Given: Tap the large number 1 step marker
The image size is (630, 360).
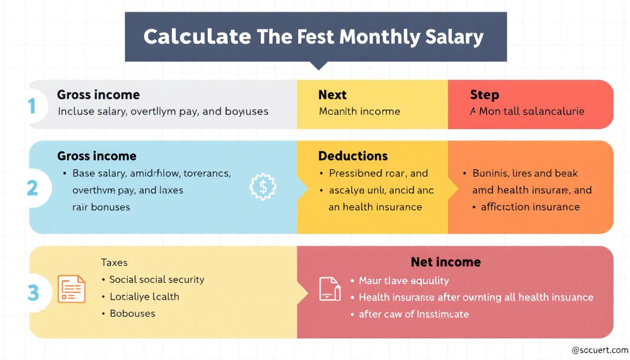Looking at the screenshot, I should (32, 105).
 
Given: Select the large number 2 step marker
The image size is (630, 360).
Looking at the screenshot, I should (32, 187).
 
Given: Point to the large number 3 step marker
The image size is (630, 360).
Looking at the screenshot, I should (33, 293).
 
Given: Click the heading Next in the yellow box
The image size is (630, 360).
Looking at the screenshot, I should (332, 95).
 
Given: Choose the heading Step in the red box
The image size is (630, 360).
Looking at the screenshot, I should (484, 95).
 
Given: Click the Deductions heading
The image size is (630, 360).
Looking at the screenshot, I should (353, 156).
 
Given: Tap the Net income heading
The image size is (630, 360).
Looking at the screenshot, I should (445, 262).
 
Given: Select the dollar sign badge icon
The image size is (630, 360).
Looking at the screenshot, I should (263, 187).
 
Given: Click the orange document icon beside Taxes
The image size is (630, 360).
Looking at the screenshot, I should (71, 289).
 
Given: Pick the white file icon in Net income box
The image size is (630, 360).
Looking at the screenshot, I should (330, 289).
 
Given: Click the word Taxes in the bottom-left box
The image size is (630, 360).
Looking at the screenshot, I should (114, 262).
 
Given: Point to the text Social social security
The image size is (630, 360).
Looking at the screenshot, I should (157, 279).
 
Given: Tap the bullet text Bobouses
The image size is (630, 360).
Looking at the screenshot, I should (132, 313).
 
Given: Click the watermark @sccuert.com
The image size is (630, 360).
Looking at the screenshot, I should (600, 350).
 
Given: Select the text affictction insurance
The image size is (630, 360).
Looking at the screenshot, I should (530, 207).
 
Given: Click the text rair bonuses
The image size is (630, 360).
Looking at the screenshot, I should (101, 207).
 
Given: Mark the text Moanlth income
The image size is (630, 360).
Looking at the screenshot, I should (360, 112).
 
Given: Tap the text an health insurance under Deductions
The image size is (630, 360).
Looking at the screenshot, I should (375, 207).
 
